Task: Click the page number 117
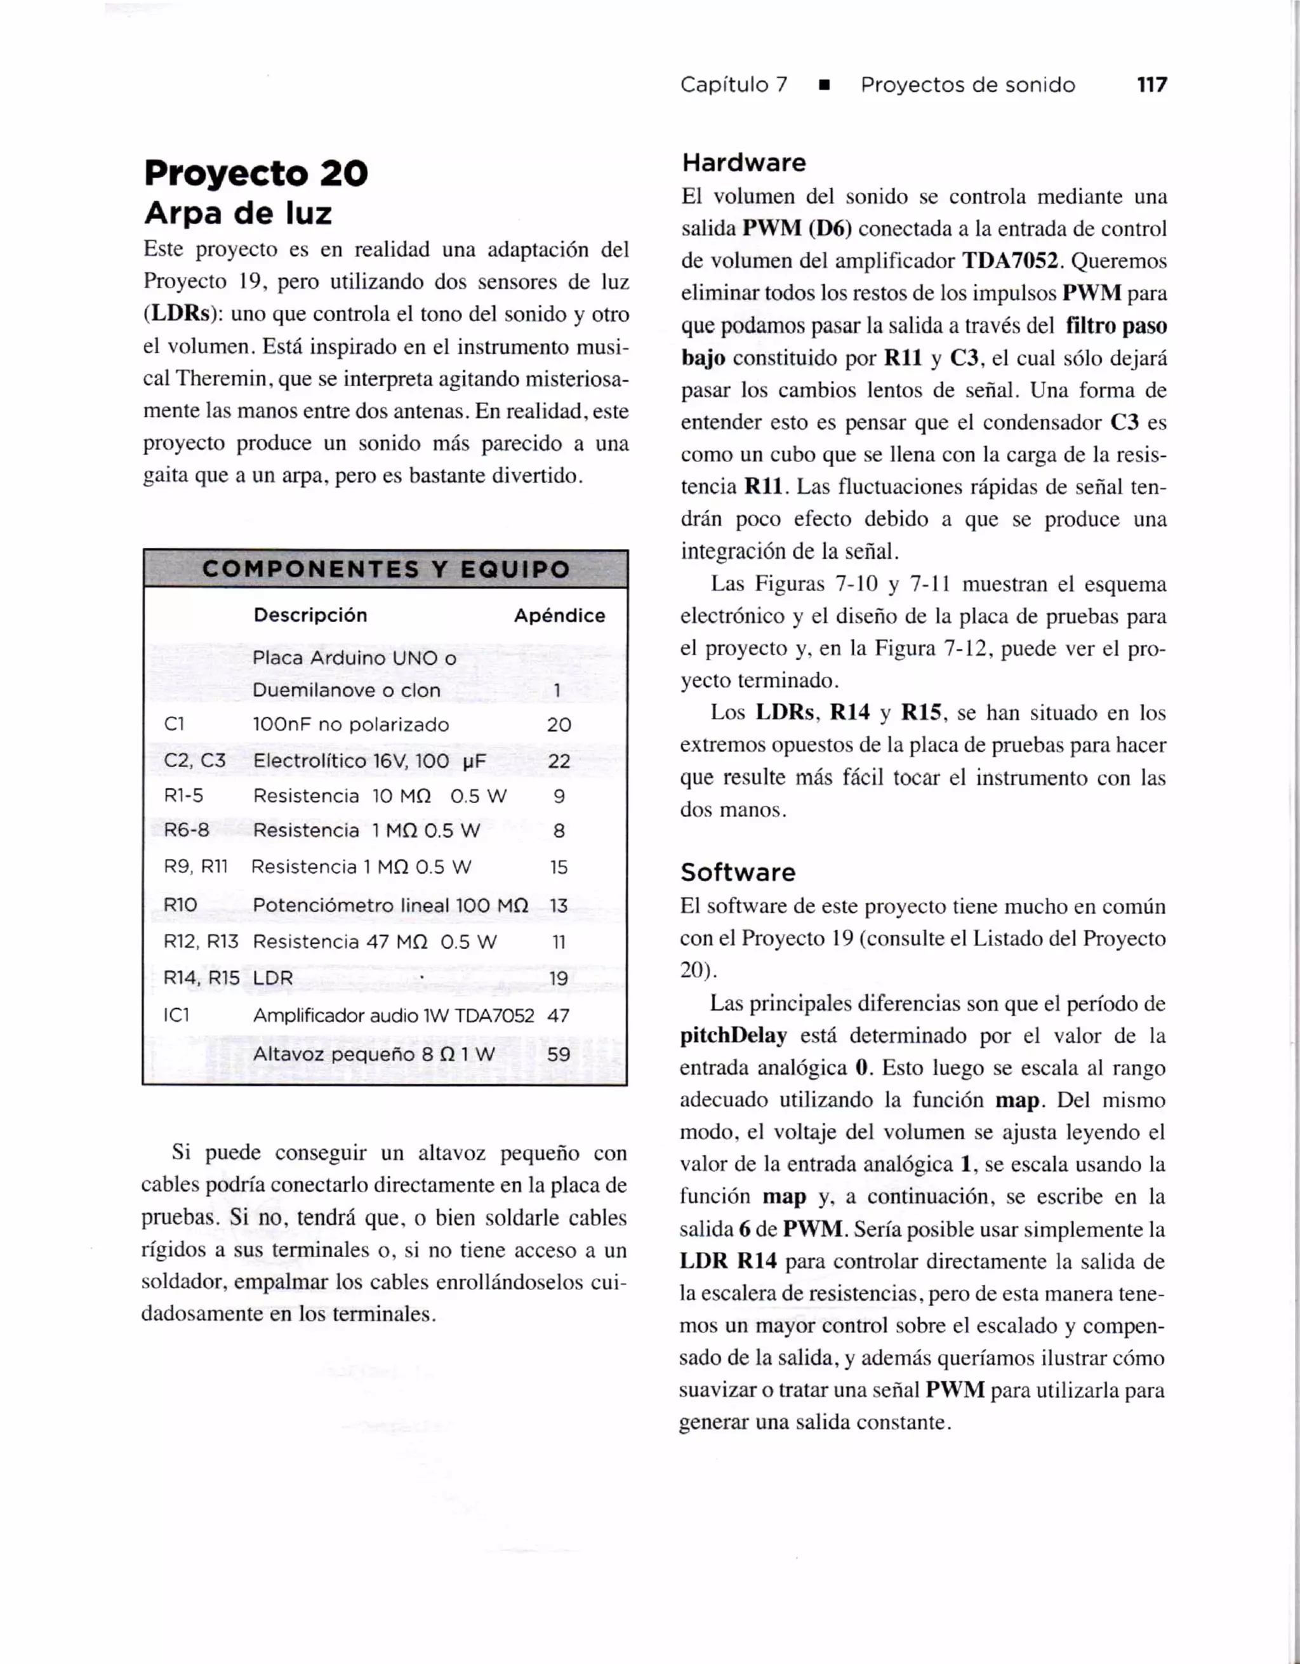(1151, 84)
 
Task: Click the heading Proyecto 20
(256, 174)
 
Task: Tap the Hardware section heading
(743, 163)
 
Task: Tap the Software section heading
(737, 872)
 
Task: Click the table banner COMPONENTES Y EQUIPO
(385, 569)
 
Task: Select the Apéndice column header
(559, 616)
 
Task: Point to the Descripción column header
(310, 615)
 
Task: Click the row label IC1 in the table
(176, 1016)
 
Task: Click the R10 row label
(180, 905)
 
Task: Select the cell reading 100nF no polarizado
(350, 724)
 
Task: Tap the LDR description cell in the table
(273, 978)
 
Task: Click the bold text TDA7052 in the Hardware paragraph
(1011, 262)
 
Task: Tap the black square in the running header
(823, 85)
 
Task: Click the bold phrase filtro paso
(1116, 326)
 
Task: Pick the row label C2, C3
(194, 761)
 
